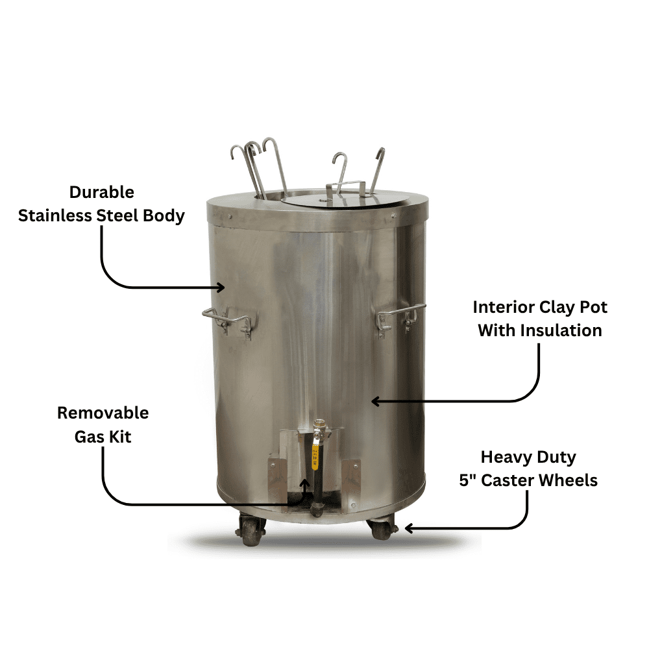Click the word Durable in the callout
pyautogui.click(x=101, y=192)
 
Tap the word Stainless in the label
pyautogui.click(x=55, y=215)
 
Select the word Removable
pyautogui.click(x=103, y=413)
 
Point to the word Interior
pyautogui.click(x=504, y=307)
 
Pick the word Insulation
pyautogui.click(x=561, y=330)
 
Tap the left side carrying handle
pyautogui.click(x=228, y=320)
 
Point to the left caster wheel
pyautogui.click(x=251, y=530)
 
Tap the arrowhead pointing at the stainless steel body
pyautogui.click(x=221, y=288)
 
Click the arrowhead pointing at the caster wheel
pyautogui.click(x=409, y=528)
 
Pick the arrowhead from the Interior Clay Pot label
pyautogui.click(x=376, y=401)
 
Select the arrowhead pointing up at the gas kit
pyautogui.click(x=304, y=483)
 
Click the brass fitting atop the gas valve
pyautogui.click(x=318, y=426)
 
